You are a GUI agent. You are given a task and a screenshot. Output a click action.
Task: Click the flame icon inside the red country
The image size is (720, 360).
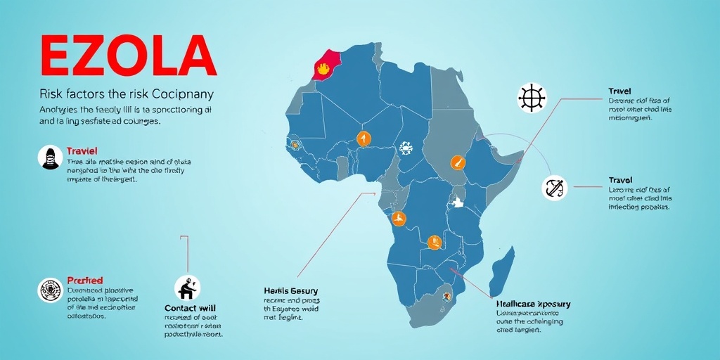tap(323, 69)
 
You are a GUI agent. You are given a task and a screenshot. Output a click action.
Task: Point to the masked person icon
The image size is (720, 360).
tap(49, 157)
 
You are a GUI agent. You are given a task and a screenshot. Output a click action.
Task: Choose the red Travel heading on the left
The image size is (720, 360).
tap(82, 151)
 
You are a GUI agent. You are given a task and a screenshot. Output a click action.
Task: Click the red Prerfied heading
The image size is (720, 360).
tap(84, 281)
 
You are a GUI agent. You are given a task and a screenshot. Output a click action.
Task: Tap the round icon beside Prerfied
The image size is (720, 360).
tap(49, 290)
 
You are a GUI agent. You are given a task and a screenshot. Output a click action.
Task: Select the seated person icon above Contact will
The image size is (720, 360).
tap(187, 287)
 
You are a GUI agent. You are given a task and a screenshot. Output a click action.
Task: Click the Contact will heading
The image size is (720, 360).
tap(190, 308)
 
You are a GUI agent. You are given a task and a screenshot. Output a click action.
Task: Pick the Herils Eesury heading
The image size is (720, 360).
tap(291, 291)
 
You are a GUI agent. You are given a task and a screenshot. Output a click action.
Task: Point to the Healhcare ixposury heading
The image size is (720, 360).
tap(533, 304)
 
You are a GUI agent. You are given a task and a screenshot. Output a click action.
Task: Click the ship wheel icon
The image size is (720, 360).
tap(532, 97)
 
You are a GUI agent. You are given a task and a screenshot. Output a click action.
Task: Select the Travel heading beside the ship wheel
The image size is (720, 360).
tap(619, 91)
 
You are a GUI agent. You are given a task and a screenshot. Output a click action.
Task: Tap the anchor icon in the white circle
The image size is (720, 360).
tap(555, 188)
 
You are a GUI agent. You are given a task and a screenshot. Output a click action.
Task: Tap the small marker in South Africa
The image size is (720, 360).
tap(445, 297)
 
